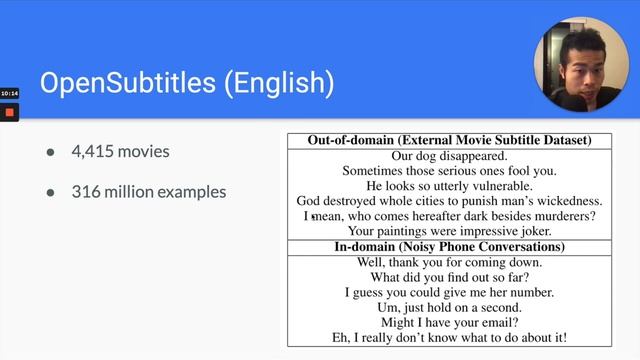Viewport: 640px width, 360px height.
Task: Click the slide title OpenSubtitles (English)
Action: point(187,82)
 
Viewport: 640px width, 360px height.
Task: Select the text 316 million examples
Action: point(148,191)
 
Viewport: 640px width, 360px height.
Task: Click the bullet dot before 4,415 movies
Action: point(50,153)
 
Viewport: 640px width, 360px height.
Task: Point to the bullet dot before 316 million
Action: point(50,192)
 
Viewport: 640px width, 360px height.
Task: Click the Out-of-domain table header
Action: point(449,140)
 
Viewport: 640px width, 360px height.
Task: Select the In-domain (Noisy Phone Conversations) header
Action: point(449,246)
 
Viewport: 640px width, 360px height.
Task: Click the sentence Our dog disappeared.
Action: point(449,156)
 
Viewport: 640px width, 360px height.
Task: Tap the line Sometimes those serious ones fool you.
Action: point(449,171)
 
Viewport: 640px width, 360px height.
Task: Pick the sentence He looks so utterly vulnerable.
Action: point(449,186)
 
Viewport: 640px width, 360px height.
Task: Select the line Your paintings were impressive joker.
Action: point(449,231)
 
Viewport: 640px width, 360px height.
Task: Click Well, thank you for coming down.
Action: point(449,262)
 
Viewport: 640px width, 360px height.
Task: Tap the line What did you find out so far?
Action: point(449,277)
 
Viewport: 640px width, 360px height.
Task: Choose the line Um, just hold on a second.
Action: point(449,307)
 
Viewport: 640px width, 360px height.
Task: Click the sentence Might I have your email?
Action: point(449,322)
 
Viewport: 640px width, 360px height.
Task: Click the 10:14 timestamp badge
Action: point(9,93)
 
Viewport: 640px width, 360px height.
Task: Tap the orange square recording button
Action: point(9,112)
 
